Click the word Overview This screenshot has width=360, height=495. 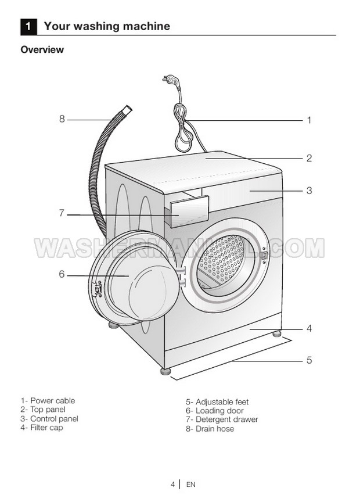point(42,50)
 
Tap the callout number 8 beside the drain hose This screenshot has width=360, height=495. point(62,119)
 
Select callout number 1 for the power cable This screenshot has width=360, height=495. point(309,120)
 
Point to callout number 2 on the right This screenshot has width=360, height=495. point(309,157)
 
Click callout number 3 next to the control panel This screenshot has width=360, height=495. point(309,190)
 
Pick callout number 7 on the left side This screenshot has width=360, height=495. point(62,213)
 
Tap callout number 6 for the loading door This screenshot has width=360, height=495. point(62,274)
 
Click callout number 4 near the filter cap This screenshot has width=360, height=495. point(309,328)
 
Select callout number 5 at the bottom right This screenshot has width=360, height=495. point(309,360)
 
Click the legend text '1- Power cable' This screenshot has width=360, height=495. point(48,401)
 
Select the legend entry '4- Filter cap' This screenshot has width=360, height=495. point(42,428)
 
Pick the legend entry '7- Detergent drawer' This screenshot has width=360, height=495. point(222,419)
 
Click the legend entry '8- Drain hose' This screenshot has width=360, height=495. point(210,429)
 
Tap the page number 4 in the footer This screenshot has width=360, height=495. point(172,483)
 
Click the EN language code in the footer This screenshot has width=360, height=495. point(191,483)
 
